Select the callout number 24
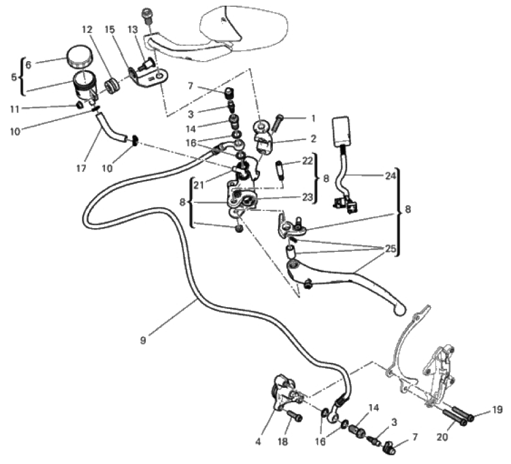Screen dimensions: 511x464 click(x=390, y=176)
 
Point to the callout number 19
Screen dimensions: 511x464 click(x=497, y=410)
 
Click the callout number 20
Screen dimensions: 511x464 click(x=442, y=437)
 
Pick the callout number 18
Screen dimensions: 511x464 click(x=283, y=442)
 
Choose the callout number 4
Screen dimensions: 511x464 click(x=258, y=442)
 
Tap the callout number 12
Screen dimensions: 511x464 click(x=87, y=29)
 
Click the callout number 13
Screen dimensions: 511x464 click(x=133, y=29)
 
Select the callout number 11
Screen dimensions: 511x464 click(x=14, y=109)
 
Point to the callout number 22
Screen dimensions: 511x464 click(x=307, y=161)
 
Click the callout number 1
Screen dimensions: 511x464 click(x=313, y=119)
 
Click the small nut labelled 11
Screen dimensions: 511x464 click(x=78, y=105)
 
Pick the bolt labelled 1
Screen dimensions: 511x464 click(x=276, y=123)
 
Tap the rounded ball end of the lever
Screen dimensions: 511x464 click(x=400, y=310)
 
